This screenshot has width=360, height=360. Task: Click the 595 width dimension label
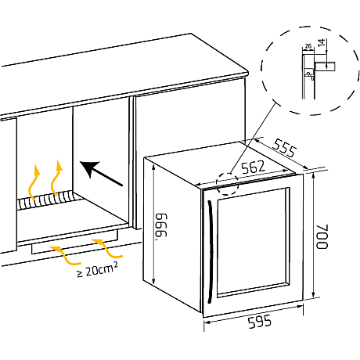(x=260, y=322)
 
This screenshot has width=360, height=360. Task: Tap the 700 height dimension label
(x=322, y=236)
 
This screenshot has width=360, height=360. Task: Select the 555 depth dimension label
(x=284, y=148)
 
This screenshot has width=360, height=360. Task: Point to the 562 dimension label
(x=253, y=167)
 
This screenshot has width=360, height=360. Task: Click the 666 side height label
(x=161, y=226)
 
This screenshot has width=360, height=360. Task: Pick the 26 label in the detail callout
(x=308, y=46)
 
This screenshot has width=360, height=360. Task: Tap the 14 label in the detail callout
(x=322, y=42)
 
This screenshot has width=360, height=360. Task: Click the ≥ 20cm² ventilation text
(x=97, y=269)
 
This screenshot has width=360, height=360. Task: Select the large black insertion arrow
(x=101, y=173)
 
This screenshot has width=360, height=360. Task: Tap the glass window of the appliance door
(x=252, y=243)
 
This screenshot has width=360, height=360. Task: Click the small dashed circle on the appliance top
(x=228, y=184)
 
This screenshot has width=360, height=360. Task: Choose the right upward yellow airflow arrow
(x=54, y=178)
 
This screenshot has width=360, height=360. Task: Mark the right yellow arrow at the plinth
(x=107, y=248)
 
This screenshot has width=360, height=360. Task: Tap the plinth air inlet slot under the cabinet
(x=74, y=242)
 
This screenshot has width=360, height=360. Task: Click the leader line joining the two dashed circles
(x=254, y=138)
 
